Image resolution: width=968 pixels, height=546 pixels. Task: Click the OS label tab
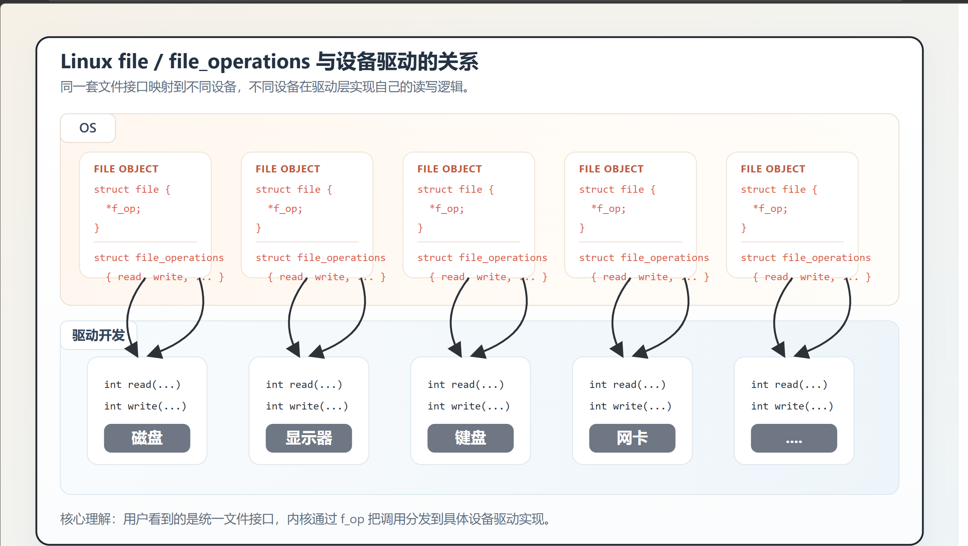coord(88,128)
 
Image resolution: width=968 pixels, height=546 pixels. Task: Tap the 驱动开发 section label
coord(98,335)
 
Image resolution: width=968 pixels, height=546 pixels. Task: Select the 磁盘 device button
coord(147,438)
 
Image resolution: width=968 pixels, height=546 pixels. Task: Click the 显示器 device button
coord(309,438)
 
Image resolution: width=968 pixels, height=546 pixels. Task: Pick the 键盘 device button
coord(470,438)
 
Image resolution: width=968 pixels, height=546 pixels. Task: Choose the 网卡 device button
coord(632,438)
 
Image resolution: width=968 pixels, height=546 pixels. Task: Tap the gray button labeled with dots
coord(794,438)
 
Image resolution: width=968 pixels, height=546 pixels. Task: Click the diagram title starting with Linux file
coord(269,62)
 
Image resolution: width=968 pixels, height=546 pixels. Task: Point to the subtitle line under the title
coord(265,87)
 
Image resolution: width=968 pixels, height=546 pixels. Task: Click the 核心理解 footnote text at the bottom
coord(306,519)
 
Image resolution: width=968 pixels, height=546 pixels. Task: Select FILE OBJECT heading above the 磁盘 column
coord(126,169)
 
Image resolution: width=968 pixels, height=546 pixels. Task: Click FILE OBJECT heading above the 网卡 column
coord(611,169)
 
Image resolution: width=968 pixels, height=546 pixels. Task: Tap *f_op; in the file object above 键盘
coord(446,208)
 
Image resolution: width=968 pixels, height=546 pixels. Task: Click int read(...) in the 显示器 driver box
coord(304,384)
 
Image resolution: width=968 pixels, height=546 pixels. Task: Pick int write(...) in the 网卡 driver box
coord(630,406)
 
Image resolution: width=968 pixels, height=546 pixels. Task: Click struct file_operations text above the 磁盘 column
coord(159,257)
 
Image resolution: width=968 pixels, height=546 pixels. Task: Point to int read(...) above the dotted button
coord(789,384)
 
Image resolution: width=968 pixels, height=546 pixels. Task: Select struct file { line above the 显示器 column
coord(294,189)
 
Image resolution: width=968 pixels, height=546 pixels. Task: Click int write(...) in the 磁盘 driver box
coord(145,406)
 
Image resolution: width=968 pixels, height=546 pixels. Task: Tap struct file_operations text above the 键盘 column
coord(482,257)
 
